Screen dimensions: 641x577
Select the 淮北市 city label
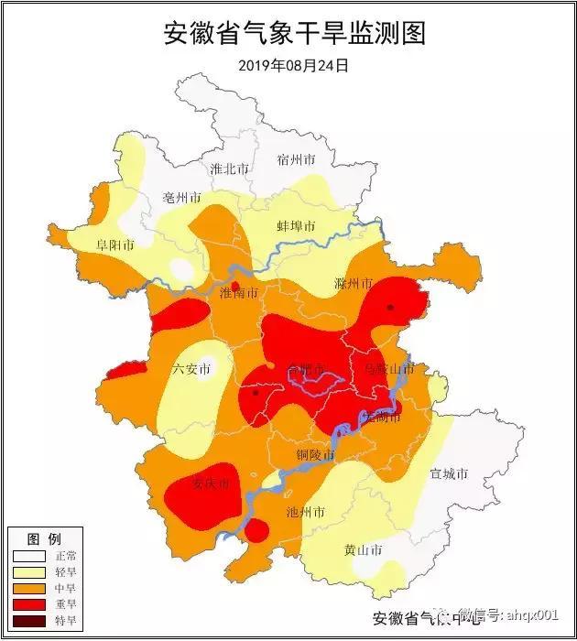[229, 169]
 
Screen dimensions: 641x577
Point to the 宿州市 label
[296, 159]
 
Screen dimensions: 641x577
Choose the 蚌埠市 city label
[296, 226]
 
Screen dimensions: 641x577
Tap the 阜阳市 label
[115, 245]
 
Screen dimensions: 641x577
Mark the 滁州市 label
[354, 283]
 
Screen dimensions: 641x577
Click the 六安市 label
[191, 369]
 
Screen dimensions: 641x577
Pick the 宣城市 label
[449, 474]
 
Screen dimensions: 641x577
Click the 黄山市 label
[363, 550]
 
